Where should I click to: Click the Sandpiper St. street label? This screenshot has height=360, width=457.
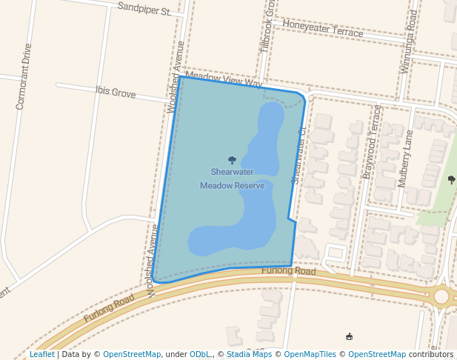(x=144, y=10)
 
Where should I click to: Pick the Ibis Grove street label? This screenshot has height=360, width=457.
(x=116, y=93)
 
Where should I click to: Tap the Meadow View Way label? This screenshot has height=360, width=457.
(x=224, y=79)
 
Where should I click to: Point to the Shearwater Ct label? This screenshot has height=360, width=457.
(x=298, y=156)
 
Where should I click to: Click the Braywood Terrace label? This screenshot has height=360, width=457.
(x=371, y=141)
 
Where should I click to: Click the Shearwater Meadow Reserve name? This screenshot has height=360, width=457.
(x=232, y=179)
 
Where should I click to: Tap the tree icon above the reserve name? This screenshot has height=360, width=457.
(x=232, y=160)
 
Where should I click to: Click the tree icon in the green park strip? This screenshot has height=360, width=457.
(x=451, y=179)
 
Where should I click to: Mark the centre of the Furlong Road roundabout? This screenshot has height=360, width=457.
(x=441, y=296)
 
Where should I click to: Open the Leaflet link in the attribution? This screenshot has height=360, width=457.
(x=41, y=354)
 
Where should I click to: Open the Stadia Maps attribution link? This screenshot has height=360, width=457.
(x=249, y=354)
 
